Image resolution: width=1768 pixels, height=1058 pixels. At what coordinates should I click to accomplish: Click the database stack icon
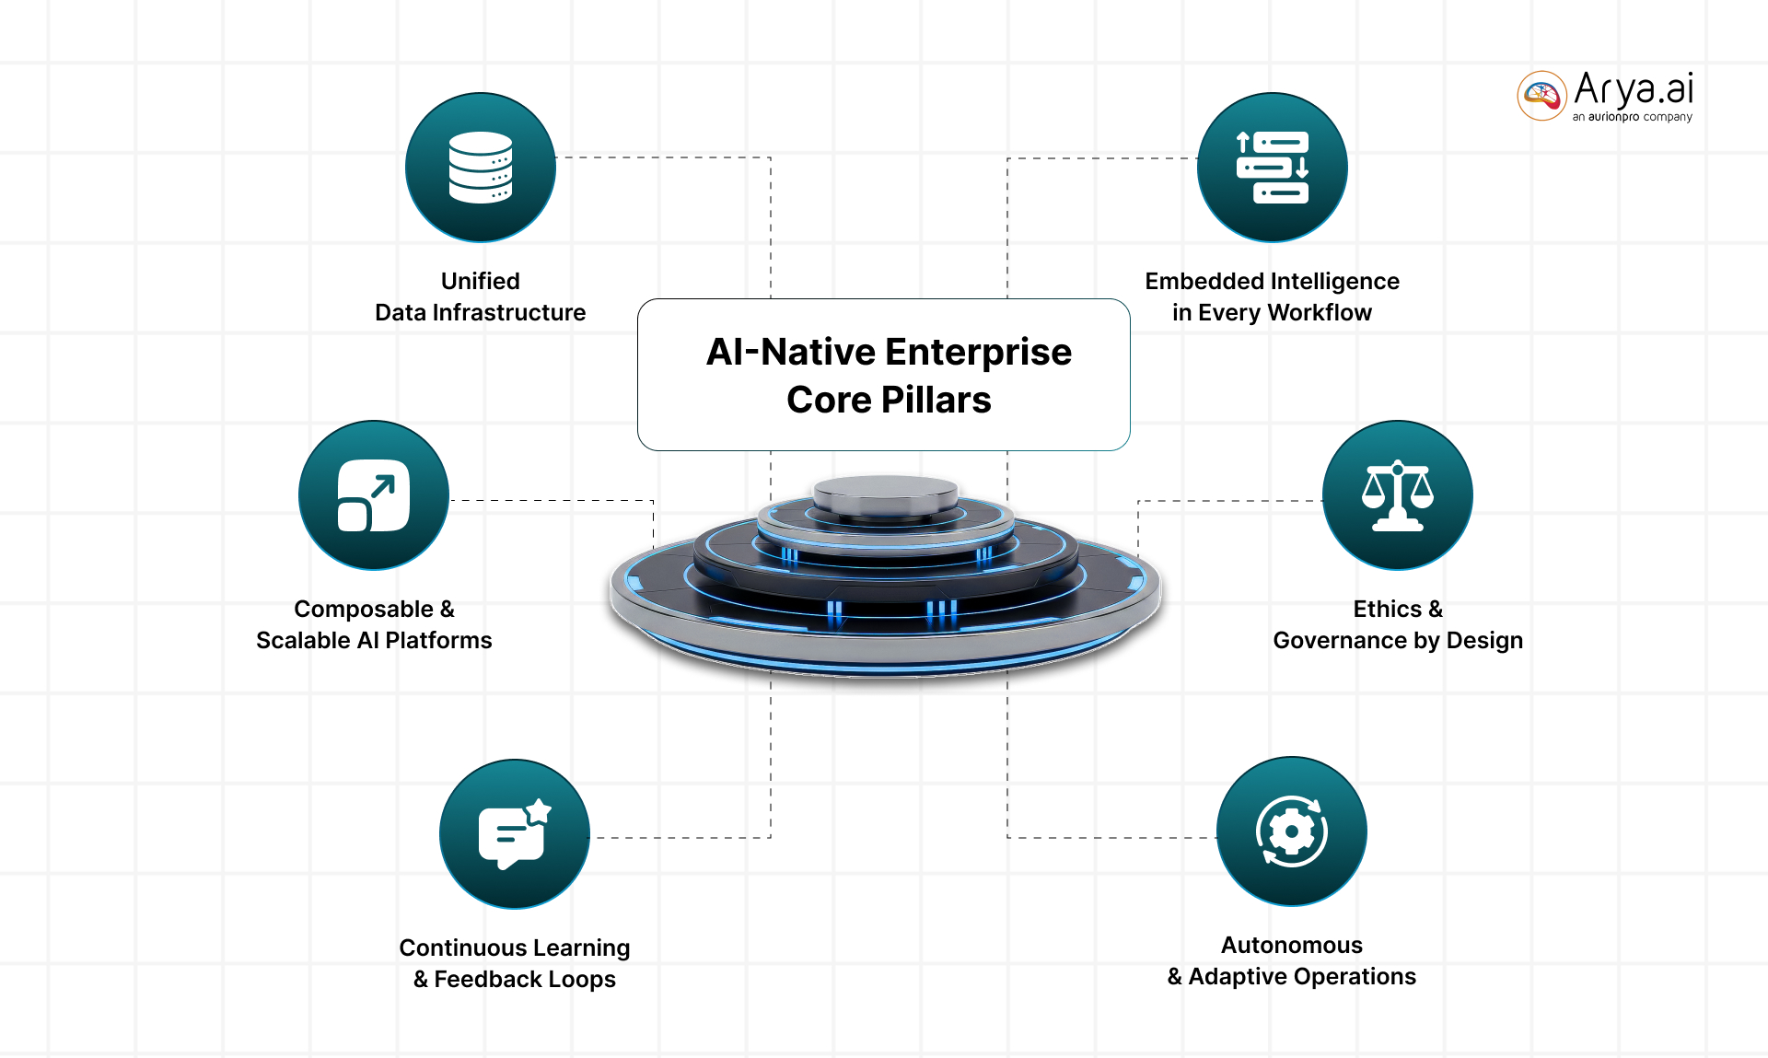[480, 167]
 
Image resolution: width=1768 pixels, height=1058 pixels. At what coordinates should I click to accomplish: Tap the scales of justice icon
[1397, 495]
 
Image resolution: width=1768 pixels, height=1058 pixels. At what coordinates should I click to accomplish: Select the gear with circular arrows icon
[1291, 831]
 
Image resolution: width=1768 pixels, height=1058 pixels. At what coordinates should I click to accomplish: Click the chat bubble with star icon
[514, 834]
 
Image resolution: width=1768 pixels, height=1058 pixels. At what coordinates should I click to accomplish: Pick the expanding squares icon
[373, 495]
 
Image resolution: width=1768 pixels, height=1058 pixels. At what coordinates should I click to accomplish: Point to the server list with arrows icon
[1272, 167]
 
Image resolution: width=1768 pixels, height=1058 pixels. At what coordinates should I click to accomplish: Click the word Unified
[480, 281]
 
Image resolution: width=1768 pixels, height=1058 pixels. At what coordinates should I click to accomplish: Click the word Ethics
[1387, 609]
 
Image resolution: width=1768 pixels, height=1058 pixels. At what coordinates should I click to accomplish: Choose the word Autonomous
[1291, 945]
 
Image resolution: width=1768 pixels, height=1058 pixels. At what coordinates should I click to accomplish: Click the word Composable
[363, 609]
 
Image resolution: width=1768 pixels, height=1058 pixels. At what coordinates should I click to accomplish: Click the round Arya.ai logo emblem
[1541, 96]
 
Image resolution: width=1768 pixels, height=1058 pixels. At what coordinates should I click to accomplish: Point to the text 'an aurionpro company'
[1632, 117]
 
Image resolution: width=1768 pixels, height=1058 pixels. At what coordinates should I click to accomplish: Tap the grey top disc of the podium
[886, 493]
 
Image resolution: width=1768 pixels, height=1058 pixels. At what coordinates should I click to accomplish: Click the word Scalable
[303, 640]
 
